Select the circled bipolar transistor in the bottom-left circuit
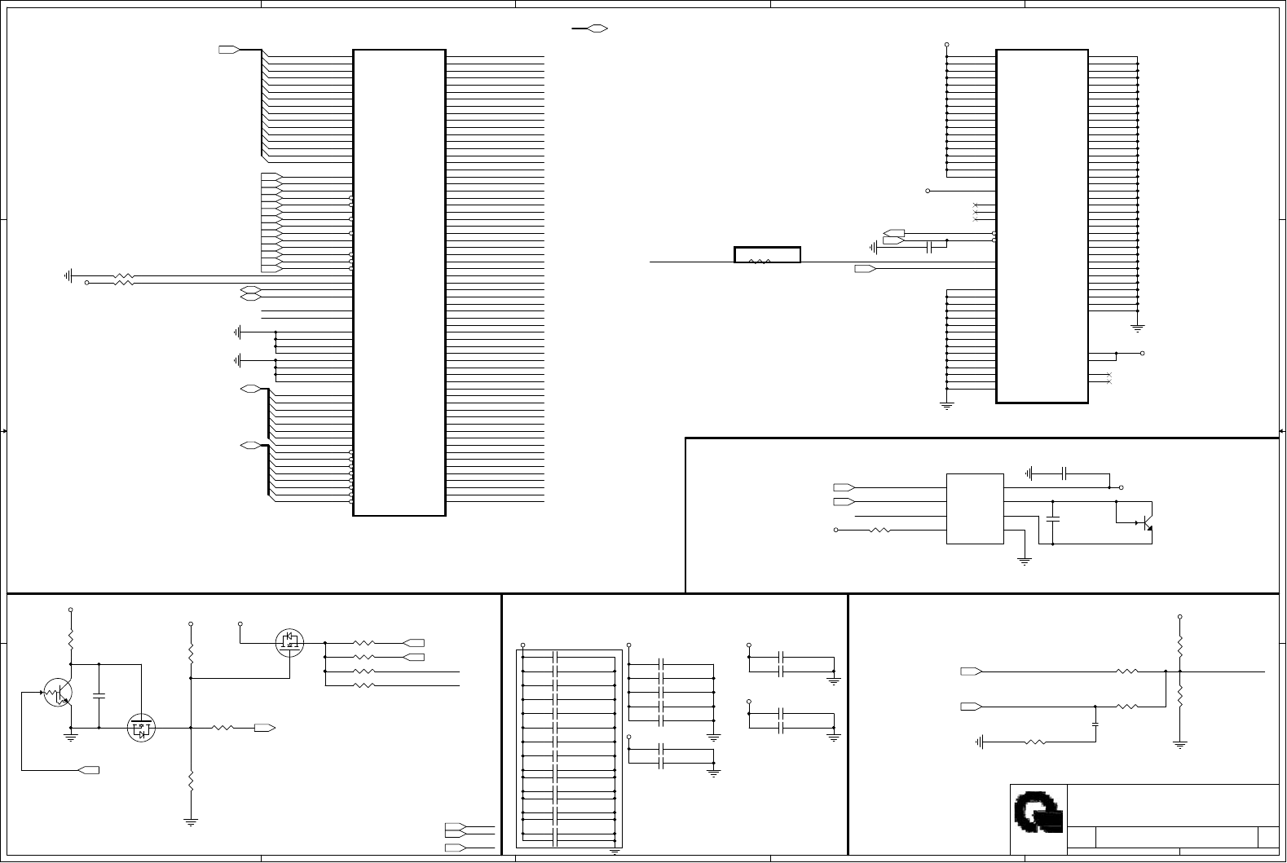(x=58, y=692)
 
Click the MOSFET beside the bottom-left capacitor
(x=141, y=728)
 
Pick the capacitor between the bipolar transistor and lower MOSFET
(x=99, y=696)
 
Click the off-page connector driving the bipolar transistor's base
(x=88, y=769)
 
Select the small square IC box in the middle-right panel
(x=975, y=509)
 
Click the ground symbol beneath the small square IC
(x=1025, y=561)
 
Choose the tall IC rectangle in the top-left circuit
(x=399, y=282)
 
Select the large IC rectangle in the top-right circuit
(x=1042, y=226)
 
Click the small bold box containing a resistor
(x=766, y=255)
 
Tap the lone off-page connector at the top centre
(x=597, y=29)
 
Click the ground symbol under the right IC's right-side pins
(x=1137, y=328)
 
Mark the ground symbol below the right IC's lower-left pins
(x=946, y=404)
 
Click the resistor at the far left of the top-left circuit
(x=123, y=280)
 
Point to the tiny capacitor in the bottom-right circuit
(x=1095, y=723)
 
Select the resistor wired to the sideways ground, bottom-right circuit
(x=1034, y=742)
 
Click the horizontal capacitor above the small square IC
(x=1064, y=473)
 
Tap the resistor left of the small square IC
(x=879, y=530)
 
